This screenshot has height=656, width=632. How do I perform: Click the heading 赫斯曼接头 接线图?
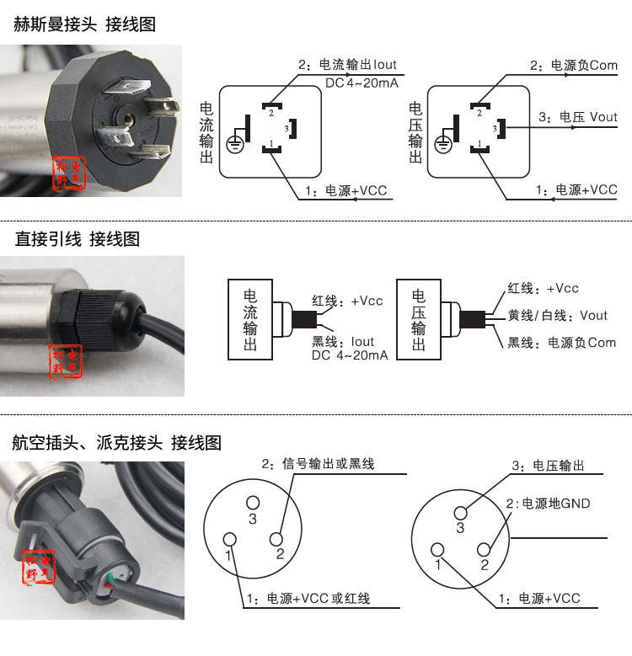click(84, 24)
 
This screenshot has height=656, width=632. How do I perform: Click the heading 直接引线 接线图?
click(78, 239)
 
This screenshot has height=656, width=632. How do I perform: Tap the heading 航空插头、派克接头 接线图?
click(117, 443)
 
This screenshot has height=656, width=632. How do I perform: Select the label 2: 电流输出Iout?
click(347, 65)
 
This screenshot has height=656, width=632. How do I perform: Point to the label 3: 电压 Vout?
click(577, 117)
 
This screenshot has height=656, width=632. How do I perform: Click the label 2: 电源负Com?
click(574, 66)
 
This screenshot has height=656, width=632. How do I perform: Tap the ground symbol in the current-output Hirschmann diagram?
click(235, 145)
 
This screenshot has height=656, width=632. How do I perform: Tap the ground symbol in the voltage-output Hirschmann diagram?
click(442, 145)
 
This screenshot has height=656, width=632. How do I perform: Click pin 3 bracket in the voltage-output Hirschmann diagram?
click(501, 129)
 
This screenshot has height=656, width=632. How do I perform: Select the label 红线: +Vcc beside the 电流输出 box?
click(347, 301)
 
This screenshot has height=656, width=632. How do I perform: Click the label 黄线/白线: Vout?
click(557, 316)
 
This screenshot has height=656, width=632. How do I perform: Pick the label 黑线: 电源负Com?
click(561, 343)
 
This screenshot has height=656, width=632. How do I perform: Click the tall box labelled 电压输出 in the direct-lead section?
click(419, 319)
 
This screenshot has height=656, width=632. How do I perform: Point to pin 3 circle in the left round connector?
click(253, 503)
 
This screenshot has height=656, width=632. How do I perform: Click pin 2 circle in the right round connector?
click(484, 549)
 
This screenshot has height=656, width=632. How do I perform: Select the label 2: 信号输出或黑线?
click(318, 463)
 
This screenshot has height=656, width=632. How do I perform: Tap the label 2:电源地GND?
click(548, 504)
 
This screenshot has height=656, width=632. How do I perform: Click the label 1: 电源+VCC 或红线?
click(308, 598)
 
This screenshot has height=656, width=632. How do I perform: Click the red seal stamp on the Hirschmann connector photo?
click(68, 173)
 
